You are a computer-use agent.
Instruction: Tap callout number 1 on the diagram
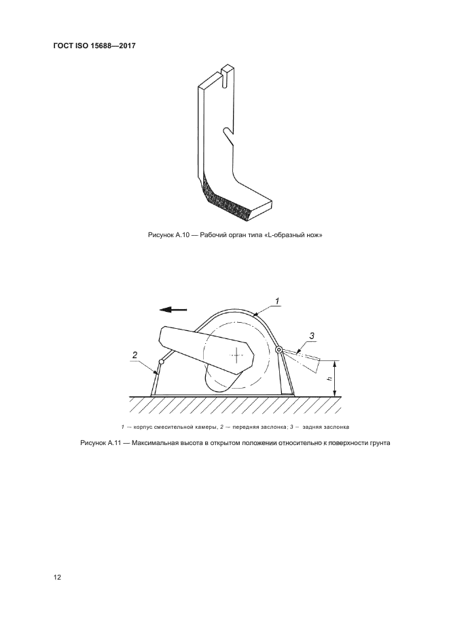277,300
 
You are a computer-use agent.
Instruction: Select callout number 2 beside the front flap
135,355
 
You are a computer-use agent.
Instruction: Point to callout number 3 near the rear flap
312,335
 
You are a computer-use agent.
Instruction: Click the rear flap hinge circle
279,350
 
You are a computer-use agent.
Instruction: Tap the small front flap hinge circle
161,361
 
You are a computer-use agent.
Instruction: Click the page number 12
58,578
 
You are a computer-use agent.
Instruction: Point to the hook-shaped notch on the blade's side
229,130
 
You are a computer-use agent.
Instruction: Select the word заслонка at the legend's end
334,427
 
